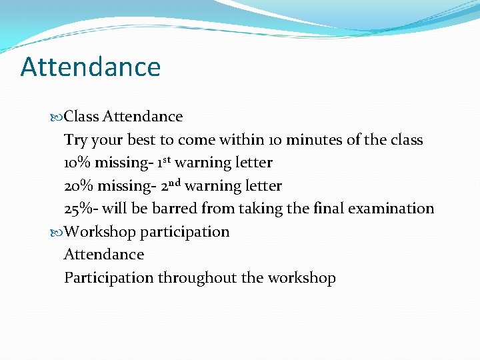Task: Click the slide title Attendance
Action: (91, 67)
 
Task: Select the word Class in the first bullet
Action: (82, 117)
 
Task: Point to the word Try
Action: (75, 141)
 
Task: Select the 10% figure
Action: (77, 163)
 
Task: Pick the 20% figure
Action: (78, 186)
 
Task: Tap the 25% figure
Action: (78, 209)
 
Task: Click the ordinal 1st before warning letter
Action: (164, 162)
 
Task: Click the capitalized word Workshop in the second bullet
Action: (100, 232)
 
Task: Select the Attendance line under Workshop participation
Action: (104, 255)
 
